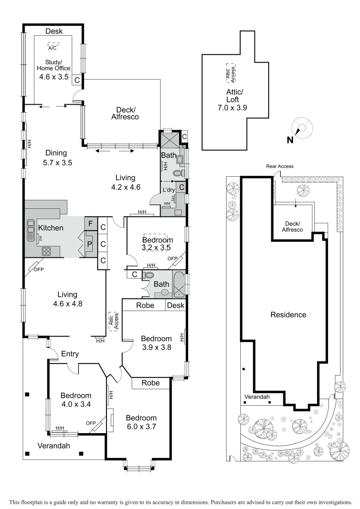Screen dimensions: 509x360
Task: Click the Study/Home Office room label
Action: pos(54,68)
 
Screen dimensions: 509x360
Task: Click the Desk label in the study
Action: pos(54,31)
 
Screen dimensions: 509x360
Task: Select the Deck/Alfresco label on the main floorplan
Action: pos(124,113)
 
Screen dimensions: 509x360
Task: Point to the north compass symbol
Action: pos(302,130)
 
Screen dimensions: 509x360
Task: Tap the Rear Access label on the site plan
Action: pos(279,166)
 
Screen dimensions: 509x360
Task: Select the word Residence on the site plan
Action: pos(288,315)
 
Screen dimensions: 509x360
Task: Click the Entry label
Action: pos(70,354)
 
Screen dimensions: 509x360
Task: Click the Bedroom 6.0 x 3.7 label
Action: pos(141,422)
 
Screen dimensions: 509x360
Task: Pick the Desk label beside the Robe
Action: pos(175,305)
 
